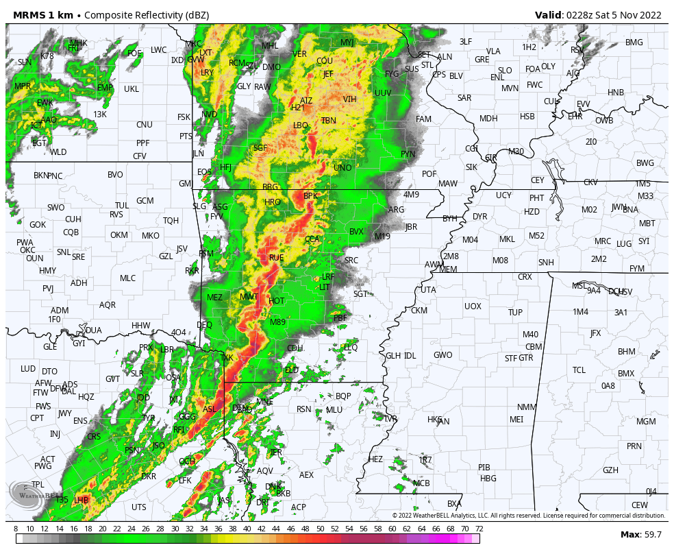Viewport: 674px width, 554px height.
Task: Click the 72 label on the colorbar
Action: pyautogui.click(x=479, y=529)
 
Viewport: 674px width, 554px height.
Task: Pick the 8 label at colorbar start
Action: pyautogui.click(x=16, y=529)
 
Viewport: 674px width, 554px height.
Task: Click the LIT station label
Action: pyautogui.click(x=325, y=287)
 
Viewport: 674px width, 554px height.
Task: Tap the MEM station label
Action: pyautogui.click(x=448, y=269)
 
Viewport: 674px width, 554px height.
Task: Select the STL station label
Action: pyautogui.click(x=427, y=65)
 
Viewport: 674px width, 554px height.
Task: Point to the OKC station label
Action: pyautogui.click(x=27, y=250)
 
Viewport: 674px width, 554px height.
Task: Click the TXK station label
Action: pyautogui.click(x=227, y=358)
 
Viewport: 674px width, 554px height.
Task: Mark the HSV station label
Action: pyautogui.click(x=624, y=292)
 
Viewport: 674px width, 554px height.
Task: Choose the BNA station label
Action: pyautogui.click(x=630, y=210)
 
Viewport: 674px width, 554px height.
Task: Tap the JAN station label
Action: pyautogui.click(x=443, y=422)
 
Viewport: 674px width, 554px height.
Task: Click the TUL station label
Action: pyautogui.click(x=122, y=206)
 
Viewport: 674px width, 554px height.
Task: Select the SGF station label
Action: pyautogui.click(x=260, y=148)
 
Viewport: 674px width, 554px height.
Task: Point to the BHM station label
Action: pyautogui.click(x=626, y=352)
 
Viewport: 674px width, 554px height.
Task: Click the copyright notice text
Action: pyautogui.click(x=528, y=516)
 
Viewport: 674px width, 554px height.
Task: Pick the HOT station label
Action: pyautogui.click(x=277, y=301)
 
